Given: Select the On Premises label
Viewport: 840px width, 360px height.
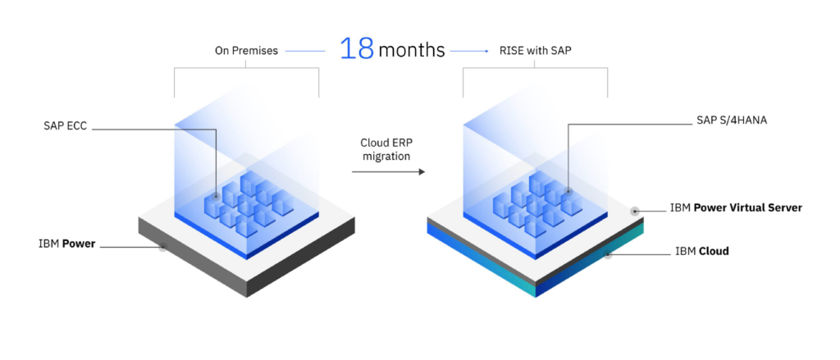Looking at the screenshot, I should (246, 51).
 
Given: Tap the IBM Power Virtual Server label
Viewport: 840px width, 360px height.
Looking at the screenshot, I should (736, 207).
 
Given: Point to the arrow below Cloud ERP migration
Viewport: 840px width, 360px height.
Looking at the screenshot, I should (388, 172).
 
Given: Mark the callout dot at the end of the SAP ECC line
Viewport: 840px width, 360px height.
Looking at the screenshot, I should (215, 197).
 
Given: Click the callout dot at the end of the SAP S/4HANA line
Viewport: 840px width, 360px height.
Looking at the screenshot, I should (568, 192).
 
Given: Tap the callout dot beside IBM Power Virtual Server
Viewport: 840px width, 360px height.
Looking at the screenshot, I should (635, 211).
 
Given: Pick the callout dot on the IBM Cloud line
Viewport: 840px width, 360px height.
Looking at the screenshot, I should (608, 255).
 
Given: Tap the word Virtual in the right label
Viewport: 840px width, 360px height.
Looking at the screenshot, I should (745, 207).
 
